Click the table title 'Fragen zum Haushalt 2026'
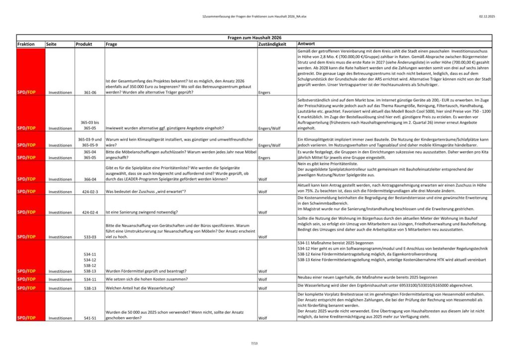(x=254, y=37)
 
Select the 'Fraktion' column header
(x=26, y=44)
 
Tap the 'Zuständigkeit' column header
(x=272, y=44)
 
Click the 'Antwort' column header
(x=306, y=44)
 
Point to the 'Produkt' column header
(x=84, y=44)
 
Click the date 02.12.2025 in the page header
(x=487, y=16)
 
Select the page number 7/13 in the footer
(x=254, y=343)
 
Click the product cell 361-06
(x=89, y=92)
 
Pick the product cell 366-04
(x=89, y=179)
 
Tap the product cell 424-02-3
(x=89, y=191)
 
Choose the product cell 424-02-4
(x=89, y=212)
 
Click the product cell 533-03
(x=89, y=237)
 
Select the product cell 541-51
(x=89, y=318)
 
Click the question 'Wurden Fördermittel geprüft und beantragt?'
(x=146, y=271)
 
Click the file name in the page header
(x=254, y=16)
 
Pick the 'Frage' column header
(x=111, y=44)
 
